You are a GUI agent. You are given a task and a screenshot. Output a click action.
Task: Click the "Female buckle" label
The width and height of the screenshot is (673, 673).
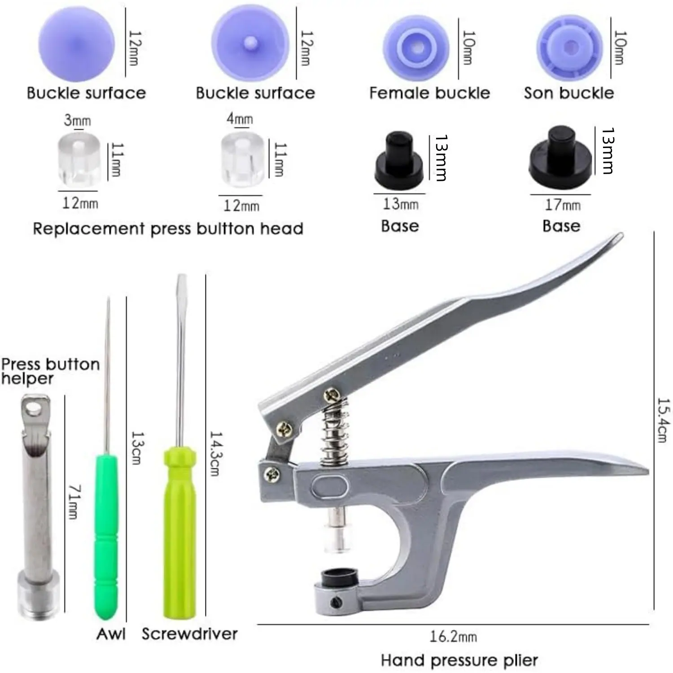click(x=429, y=93)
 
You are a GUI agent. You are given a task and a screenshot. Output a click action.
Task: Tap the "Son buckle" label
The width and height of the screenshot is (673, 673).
click(x=569, y=93)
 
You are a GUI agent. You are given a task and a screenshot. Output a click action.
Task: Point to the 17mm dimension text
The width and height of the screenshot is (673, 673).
click(x=563, y=205)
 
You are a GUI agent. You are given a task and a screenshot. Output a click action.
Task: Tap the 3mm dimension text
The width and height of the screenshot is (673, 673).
click(x=77, y=120)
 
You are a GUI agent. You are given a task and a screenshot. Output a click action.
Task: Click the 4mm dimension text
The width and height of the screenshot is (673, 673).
click(x=240, y=119)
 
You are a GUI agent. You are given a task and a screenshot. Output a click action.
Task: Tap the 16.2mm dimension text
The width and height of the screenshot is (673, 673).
click(x=453, y=637)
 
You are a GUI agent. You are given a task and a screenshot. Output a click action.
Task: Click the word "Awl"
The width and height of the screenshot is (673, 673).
click(x=111, y=634)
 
